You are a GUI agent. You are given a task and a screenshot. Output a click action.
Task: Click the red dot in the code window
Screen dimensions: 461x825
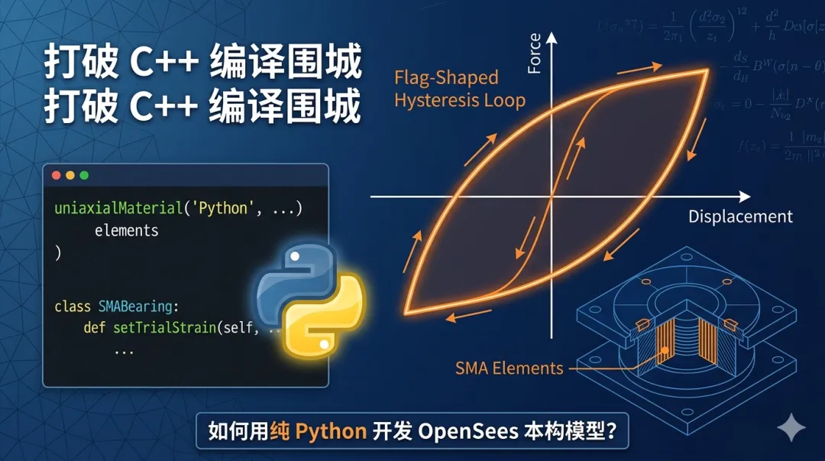(56, 175)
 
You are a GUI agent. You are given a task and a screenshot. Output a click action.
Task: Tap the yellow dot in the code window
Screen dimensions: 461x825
(70, 175)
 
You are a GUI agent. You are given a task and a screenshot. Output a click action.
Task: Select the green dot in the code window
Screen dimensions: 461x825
(84, 175)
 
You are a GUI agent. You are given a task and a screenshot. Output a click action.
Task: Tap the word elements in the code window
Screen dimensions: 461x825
(126, 230)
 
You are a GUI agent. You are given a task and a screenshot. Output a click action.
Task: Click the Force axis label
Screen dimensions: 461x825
(534, 54)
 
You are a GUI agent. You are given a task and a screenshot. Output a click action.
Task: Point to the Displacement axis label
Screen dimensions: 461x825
(740, 216)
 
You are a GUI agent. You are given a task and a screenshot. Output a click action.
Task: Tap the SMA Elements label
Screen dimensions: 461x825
(509, 368)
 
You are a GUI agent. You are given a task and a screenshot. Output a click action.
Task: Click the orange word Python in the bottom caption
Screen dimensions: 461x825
(331, 431)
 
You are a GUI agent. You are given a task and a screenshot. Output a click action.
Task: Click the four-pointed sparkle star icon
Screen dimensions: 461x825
(791, 428)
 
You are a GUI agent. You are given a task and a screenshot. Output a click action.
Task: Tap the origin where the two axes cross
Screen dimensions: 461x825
(551, 196)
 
